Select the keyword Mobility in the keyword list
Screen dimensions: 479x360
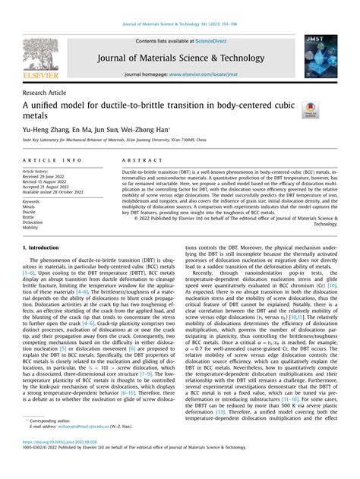click(30, 227)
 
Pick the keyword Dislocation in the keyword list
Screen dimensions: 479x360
click(33, 222)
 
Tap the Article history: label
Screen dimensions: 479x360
click(39, 173)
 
